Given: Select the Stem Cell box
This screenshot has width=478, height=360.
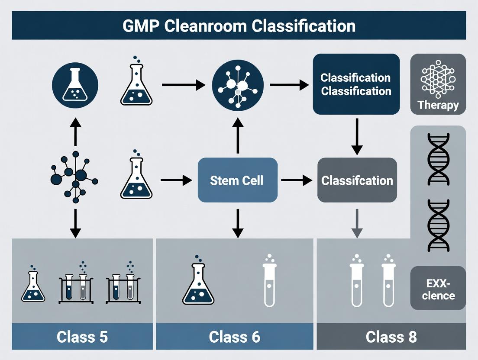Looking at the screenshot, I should click(x=237, y=180).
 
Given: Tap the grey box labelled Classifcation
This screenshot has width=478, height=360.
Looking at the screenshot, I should click(x=357, y=180).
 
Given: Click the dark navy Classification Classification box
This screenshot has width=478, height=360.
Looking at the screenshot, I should click(x=356, y=84).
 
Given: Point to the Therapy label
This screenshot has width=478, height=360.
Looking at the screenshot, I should click(x=438, y=105).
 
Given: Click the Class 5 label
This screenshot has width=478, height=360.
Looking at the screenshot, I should click(x=82, y=337).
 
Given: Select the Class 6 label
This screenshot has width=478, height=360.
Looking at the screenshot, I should click(x=234, y=337).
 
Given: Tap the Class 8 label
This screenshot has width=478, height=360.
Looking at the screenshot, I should click(x=391, y=337).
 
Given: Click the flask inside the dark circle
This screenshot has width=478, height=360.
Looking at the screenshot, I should click(x=75, y=84).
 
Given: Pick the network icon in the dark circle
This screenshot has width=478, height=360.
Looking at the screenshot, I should click(x=237, y=84).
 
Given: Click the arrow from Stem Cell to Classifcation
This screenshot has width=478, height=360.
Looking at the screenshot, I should click(x=297, y=180).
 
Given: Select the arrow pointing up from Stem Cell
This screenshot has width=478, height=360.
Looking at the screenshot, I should click(x=237, y=136).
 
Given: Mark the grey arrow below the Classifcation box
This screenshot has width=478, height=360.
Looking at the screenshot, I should click(x=356, y=223).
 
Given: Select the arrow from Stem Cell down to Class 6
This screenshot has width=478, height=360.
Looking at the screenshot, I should click(x=237, y=223).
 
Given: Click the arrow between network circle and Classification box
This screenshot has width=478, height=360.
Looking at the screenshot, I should click(x=289, y=84).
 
